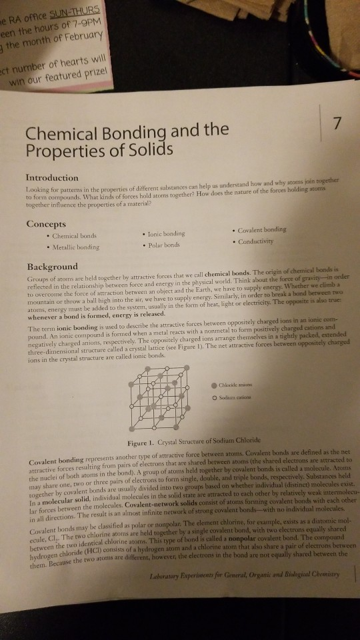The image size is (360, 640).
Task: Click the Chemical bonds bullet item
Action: [74, 235]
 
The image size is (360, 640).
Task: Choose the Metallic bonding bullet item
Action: [77, 247]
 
